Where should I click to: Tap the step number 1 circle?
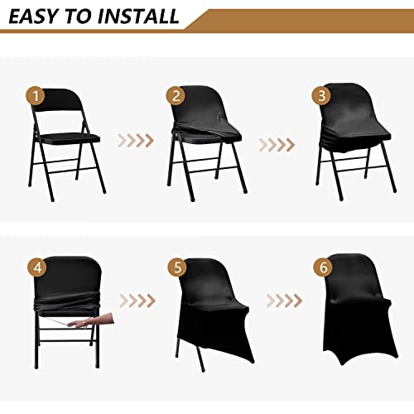tap(35, 95)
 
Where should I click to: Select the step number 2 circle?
tap(175, 95)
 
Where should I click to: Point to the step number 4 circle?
tap(36, 267)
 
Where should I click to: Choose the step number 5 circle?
tap(175, 267)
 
